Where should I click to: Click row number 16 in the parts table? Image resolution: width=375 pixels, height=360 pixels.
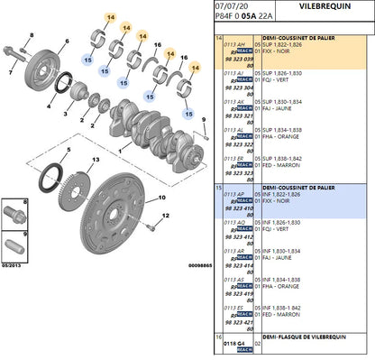pos(219,337)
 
